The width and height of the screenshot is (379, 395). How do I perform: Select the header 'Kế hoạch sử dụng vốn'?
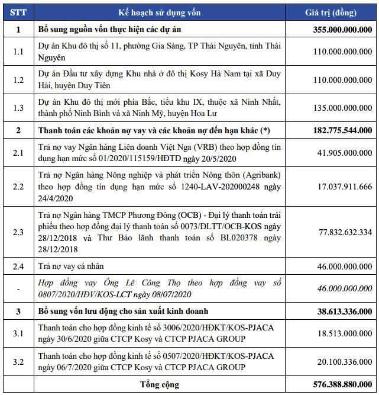coord(160,12)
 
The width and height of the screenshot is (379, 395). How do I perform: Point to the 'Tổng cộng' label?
coord(160,384)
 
